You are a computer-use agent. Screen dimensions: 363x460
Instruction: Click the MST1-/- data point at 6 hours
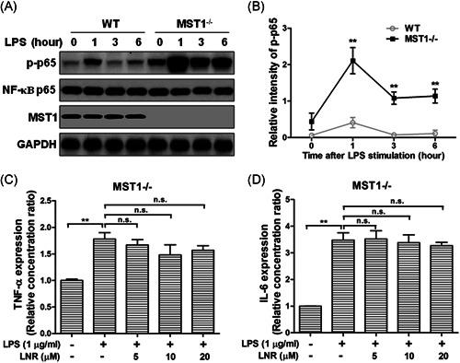pyautogui.click(x=425, y=95)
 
